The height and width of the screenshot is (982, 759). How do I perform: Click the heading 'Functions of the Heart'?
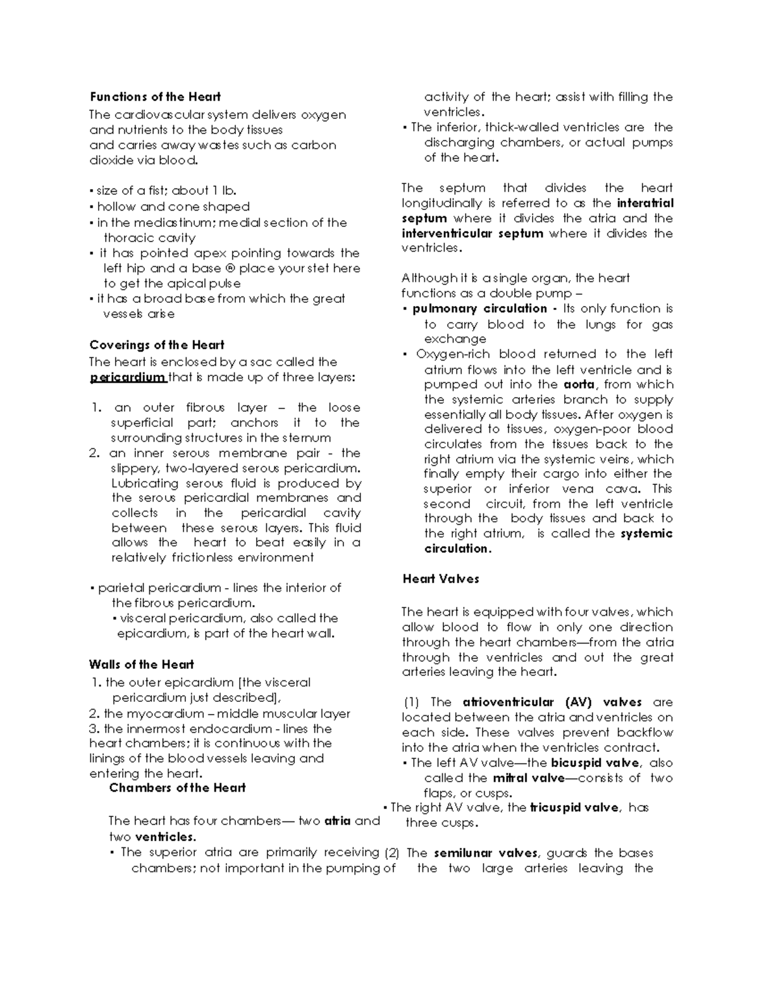[x=155, y=97]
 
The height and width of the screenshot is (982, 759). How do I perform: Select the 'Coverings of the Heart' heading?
[x=157, y=345]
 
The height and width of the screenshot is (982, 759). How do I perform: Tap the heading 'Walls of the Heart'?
[x=141, y=665]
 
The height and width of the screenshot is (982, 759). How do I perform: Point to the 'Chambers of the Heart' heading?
[x=177, y=788]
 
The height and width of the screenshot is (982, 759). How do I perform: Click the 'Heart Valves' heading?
[x=441, y=579]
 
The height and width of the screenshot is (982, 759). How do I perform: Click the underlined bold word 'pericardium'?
[x=127, y=378]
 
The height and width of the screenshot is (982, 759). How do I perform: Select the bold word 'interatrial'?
[x=645, y=203]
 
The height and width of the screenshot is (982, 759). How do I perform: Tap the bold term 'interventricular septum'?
[x=472, y=233]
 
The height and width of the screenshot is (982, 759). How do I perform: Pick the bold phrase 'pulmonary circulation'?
[x=479, y=309]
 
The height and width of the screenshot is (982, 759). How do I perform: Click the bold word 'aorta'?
[x=579, y=384]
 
